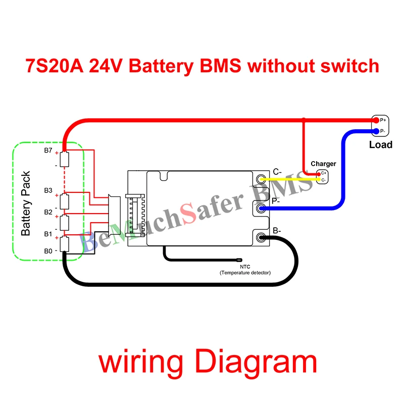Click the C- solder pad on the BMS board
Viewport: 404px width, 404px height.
click(x=261, y=179)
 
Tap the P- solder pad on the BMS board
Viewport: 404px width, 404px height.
click(x=261, y=208)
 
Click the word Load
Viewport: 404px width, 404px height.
click(x=380, y=145)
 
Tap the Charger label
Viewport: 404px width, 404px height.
click(x=323, y=164)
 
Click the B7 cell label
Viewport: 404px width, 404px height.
click(x=48, y=150)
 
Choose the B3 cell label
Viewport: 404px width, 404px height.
click(x=48, y=190)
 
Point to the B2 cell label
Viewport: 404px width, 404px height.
click(x=48, y=212)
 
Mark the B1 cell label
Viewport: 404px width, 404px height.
click(x=48, y=234)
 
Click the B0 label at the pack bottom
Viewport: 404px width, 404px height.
click(x=48, y=250)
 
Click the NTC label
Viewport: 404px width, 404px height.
click(x=245, y=267)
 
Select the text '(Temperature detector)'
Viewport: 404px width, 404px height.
click(x=245, y=273)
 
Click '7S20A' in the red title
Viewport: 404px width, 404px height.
click(x=54, y=66)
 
